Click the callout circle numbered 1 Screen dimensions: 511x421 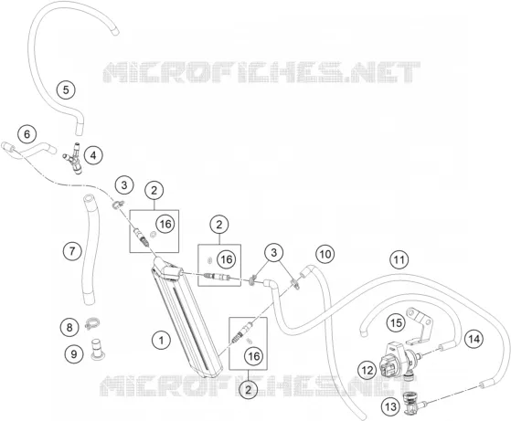pyautogui.click(x=161, y=341)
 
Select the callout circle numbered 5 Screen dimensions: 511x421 pyautogui.click(x=66, y=89)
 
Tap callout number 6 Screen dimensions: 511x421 pyautogui.click(x=27, y=134)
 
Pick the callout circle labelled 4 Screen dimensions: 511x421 pyautogui.click(x=93, y=155)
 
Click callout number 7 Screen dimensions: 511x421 pyautogui.click(x=72, y=251)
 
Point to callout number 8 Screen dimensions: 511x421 pyautogui.click(x=69, y=327)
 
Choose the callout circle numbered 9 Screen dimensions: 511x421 pyautogui.click(x=74, y=353)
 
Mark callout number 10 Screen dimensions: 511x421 pyautogui.click(x=325, y=254)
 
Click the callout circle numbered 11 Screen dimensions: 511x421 pyautogui.click(x=399, y=259)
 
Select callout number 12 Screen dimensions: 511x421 pyautogui.click(x=367, y=370)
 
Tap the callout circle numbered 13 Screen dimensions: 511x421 pyautogui.click(x=390, y=406)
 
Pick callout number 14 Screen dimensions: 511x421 pyautogui.click(x=474, y=339)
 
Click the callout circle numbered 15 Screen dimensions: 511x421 pyautogui.click(x=396, y=322)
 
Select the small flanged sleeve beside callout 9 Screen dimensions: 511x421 pyautogui.click(x=96, y=350)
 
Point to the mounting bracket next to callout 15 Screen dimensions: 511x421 pyautogui.click(x=420, y=326)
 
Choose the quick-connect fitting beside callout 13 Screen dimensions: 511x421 pyautogui.click(x=412, y=403)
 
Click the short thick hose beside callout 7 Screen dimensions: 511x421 pyautogui.click(x=88, y=249)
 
